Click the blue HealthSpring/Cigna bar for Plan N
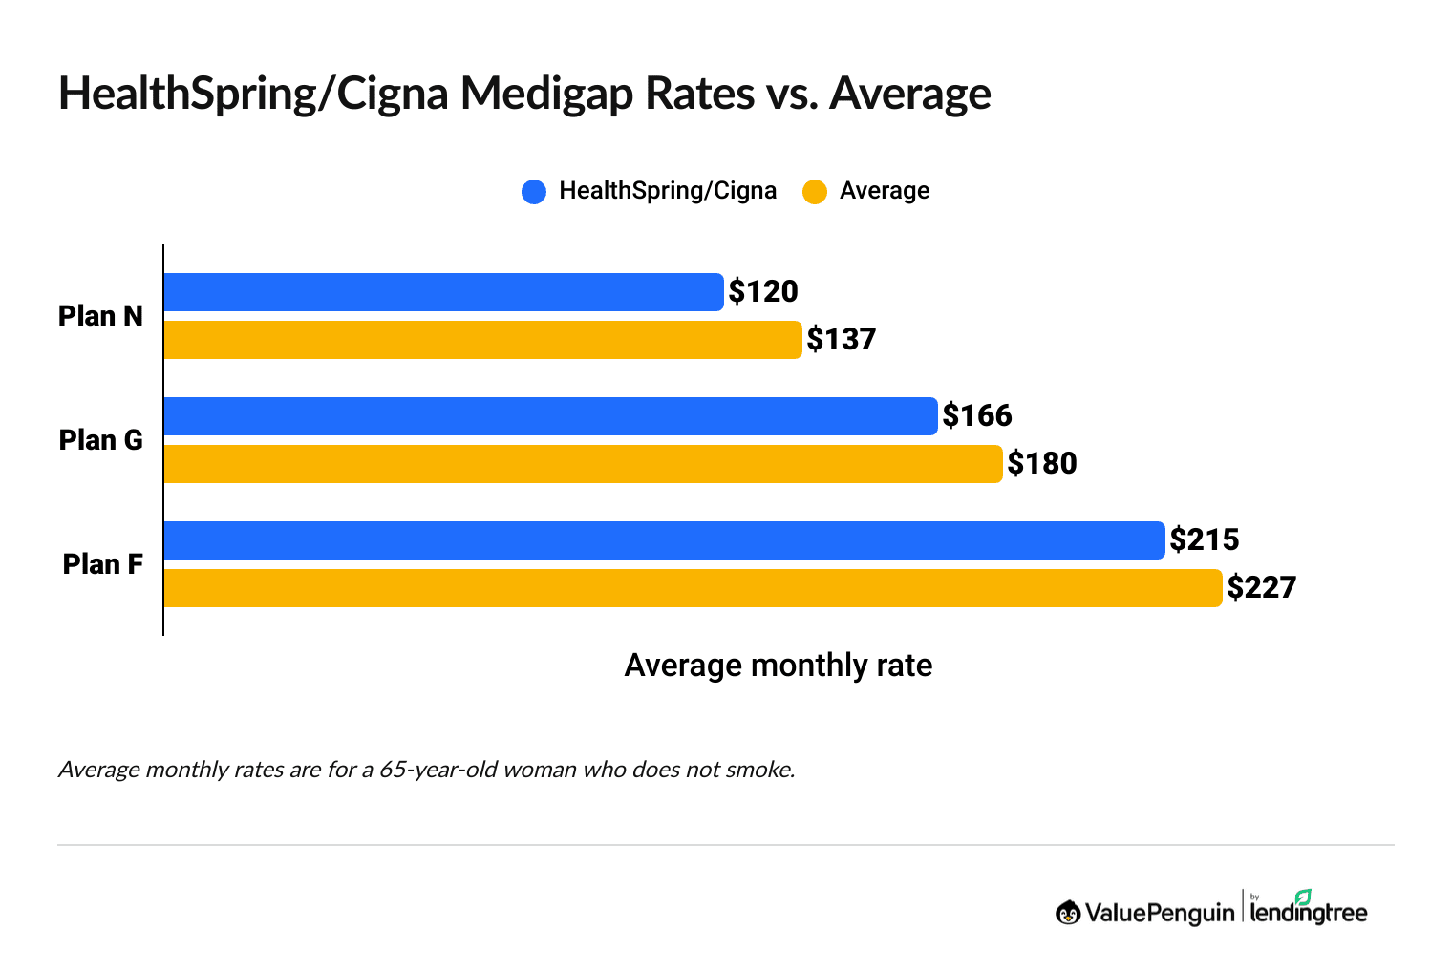point(443,292)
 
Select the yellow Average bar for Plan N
point(482,340)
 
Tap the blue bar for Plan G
point(550,416)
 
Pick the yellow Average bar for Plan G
point(583,464)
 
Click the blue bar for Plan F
point(664,540)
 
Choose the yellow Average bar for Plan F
point(693,588)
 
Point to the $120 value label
point(763,291)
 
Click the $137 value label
point(842,339)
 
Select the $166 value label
point(977,415)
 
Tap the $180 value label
point(1042,463)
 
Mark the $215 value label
point(1205,539)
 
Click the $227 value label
point(1261,587)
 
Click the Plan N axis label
point(100,316)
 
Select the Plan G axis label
point(100,440)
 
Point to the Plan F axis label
point(102,564)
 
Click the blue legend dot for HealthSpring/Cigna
point(534,192)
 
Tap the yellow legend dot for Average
point(815,192)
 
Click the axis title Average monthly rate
point(778,666)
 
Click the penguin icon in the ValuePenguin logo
point(1068,913)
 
